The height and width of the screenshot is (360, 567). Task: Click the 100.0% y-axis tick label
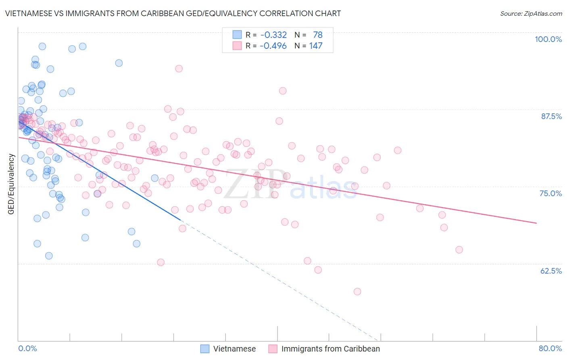[548, 39]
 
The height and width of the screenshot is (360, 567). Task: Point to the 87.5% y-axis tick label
[551, 116]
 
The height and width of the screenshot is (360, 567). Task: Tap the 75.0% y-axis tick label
[550, 193]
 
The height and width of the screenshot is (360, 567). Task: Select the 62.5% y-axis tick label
[551, 271]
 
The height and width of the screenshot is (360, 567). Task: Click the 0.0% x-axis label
[27, 348]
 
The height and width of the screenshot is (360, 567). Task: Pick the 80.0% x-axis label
[550, 348]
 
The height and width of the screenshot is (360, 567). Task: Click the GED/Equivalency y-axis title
[11, 184]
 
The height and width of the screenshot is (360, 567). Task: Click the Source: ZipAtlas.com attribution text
[531, 13]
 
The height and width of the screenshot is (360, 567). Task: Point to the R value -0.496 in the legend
[273, 46]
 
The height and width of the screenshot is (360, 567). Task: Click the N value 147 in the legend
[316, 46]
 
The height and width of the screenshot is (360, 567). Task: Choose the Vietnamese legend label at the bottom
[234, 349]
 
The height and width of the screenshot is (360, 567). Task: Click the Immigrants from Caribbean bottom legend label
[330, 349]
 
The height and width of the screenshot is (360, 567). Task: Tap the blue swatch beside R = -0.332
[237, 35]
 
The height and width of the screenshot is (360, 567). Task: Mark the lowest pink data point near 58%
[357, 291]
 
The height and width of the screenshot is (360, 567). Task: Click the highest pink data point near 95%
[179, 69]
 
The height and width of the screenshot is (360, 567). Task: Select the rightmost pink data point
[459, 250]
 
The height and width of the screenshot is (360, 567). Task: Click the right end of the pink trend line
[536, 223]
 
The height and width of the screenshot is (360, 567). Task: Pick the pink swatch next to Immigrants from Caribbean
[273, 349]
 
